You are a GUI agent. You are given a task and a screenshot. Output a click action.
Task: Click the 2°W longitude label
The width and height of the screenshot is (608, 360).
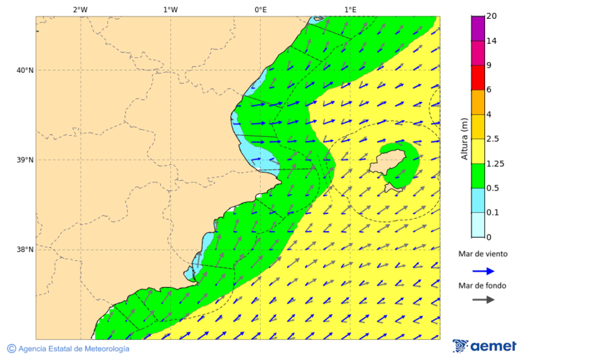80,9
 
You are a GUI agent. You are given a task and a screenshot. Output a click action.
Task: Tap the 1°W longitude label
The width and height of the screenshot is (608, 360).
170,9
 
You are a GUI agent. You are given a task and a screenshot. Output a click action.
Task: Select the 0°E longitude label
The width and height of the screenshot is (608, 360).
260,9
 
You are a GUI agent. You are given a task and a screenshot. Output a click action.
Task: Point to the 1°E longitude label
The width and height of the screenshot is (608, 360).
351,9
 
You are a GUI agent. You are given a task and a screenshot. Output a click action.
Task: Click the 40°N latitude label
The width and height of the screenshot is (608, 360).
25,70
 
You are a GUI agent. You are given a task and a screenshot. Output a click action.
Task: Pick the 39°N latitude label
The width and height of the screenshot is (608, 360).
25,160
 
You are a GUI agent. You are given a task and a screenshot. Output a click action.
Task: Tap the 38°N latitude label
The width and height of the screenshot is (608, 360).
25,250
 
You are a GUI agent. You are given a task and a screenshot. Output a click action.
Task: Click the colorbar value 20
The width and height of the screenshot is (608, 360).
491,16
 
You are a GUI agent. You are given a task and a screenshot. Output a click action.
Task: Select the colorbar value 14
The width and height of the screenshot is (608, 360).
491,41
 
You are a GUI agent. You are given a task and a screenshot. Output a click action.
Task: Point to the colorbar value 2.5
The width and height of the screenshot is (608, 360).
493,139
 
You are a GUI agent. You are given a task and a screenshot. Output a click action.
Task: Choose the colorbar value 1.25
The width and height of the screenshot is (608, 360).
495,163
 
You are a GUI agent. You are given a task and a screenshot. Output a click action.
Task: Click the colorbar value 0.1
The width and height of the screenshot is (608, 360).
492,213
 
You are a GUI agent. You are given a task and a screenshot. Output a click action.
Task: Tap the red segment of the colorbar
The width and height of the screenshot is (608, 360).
478,78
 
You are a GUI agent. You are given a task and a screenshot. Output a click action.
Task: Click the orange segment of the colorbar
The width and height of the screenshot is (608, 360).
478,102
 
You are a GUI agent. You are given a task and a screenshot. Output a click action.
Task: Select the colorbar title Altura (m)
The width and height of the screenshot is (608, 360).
464,138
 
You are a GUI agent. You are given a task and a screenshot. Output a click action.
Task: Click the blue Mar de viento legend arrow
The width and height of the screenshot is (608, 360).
483,271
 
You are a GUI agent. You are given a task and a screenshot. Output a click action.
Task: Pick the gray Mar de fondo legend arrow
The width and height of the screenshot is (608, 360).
483,299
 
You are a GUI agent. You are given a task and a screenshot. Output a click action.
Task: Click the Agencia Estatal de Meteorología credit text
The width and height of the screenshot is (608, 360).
73,349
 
